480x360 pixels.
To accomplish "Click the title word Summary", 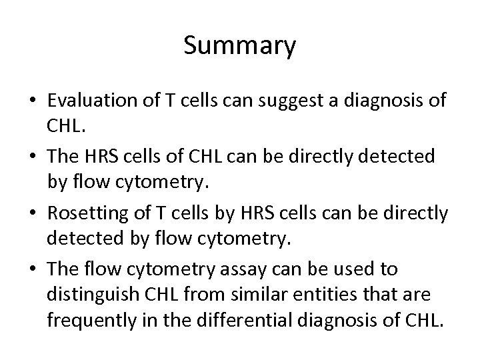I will pyautogui.click(x=239, y=46).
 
